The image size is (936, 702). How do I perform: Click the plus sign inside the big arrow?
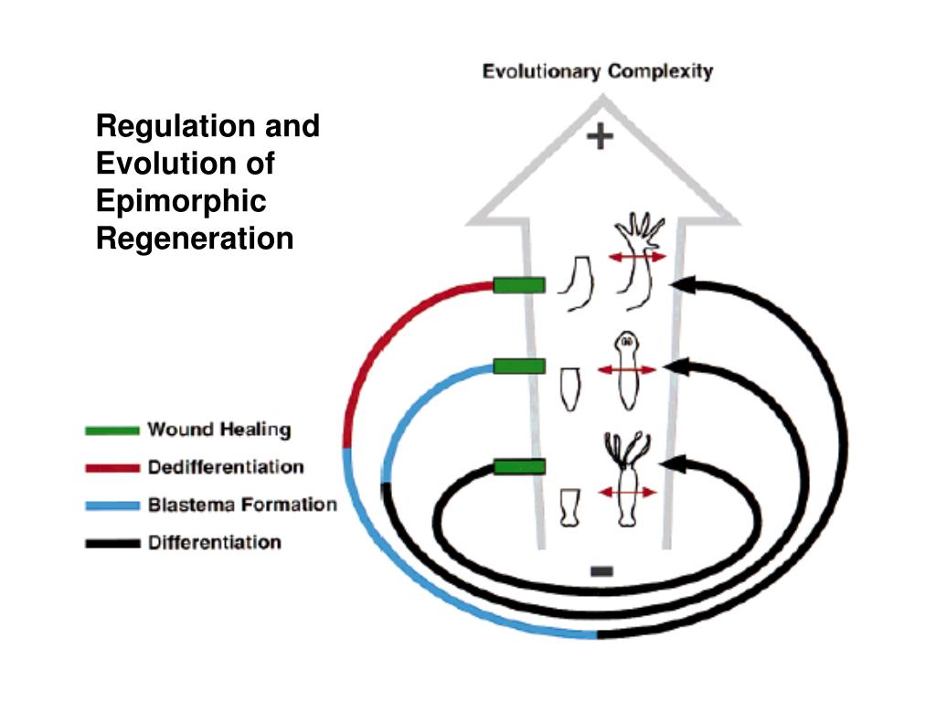600,137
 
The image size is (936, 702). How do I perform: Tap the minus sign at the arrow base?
601,571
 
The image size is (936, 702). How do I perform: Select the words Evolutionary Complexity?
598,71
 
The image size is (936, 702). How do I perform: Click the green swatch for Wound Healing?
112,430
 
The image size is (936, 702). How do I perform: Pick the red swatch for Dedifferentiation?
112,468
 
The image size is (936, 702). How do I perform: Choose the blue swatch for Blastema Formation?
112,505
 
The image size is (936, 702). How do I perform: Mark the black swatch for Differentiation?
112,543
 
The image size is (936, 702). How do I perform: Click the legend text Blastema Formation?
242,505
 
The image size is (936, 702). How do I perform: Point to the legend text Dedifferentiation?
226,467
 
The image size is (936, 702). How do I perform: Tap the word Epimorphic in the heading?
181,201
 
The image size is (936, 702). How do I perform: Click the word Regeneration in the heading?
195,239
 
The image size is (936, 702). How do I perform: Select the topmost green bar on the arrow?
519,285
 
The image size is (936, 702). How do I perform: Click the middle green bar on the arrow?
519,367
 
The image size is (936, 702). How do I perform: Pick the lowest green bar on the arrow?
519,467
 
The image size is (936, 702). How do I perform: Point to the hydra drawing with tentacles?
627,480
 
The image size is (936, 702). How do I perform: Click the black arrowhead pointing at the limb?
682,285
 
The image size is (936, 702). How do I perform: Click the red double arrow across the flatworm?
627,370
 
